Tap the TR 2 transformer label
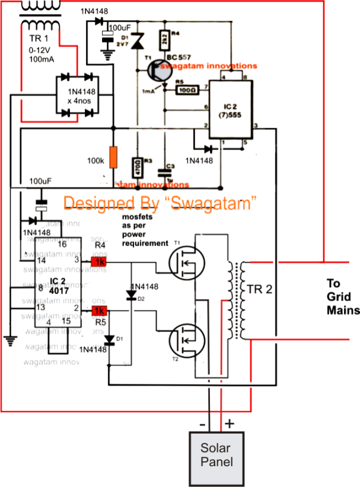coord(261,289)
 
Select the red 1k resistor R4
coord(98,261)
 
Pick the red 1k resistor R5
coord(98,311)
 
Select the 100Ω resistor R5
coord(186,90)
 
